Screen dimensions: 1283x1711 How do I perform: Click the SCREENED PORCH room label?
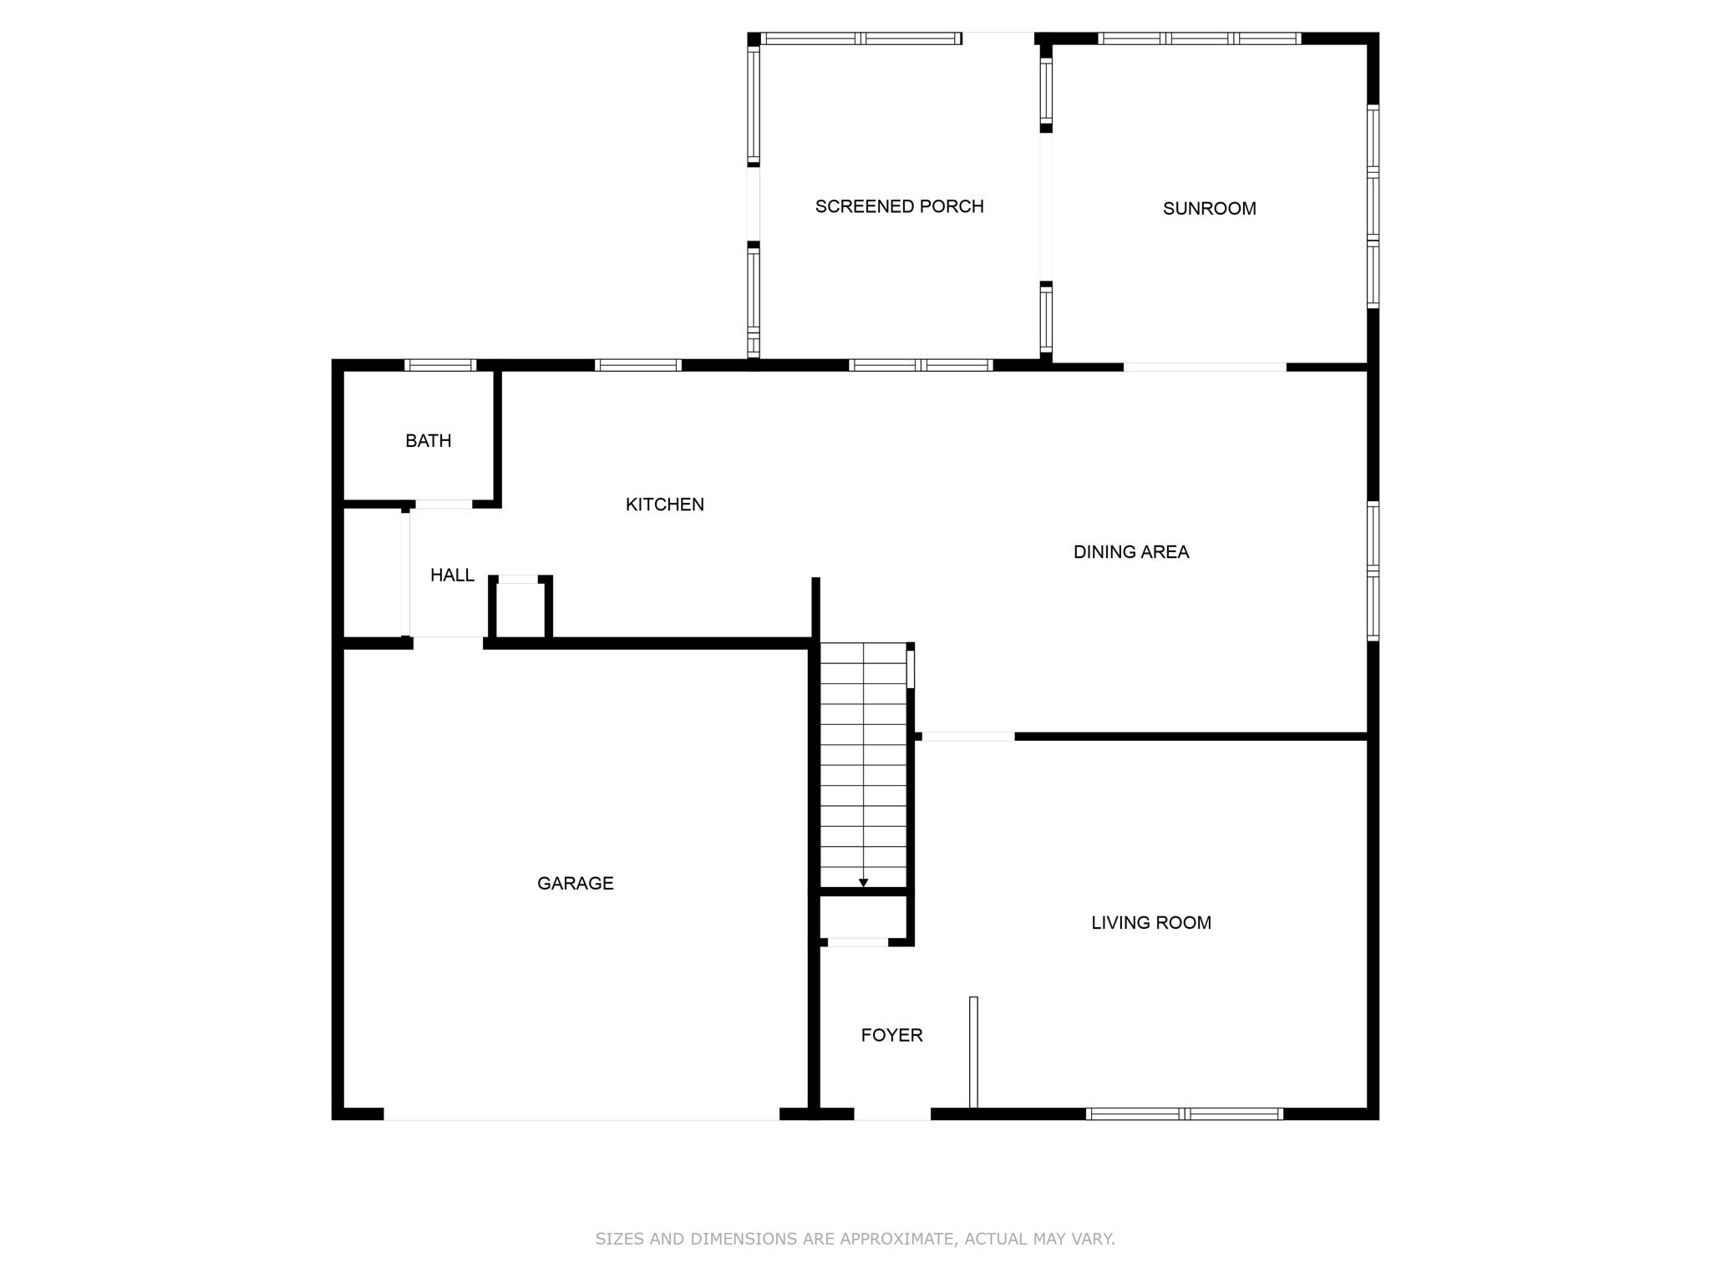899,206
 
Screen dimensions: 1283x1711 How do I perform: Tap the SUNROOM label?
1209,209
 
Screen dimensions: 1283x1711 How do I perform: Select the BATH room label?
428,441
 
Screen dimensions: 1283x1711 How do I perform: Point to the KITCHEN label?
664,505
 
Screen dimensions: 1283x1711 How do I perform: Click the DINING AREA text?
1130,552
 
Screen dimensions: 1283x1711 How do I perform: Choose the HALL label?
452,576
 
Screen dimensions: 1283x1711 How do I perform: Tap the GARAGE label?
575,884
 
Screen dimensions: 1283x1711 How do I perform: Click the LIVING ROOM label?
1150,923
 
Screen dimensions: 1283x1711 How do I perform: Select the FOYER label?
891,1036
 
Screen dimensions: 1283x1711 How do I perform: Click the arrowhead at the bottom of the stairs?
863,883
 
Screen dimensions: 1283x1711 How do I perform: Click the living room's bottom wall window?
1184,1113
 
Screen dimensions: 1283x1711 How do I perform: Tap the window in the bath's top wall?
440,365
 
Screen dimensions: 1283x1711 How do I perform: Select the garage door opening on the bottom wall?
581,1114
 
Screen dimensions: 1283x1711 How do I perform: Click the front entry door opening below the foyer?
891,1114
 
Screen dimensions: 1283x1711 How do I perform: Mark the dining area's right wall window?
1373,571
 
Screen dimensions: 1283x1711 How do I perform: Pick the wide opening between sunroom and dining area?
1204,367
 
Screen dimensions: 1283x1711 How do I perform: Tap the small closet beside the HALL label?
520,609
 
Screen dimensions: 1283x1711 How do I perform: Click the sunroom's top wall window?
1199,38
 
